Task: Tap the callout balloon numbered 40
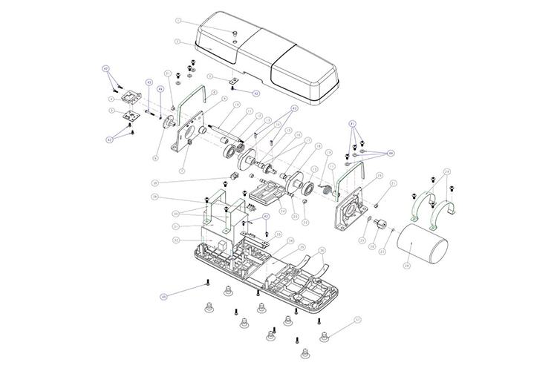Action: click(x=163, y=296)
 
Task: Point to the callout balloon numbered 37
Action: click(x=357, y=321)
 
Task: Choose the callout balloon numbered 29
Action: click(x=446, y=172)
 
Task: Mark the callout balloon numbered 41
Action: click(x=353, y=122)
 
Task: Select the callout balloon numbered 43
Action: click(x=149, y=82)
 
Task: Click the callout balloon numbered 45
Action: click(x=106, y=68)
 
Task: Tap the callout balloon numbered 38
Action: click(x=154, y=183)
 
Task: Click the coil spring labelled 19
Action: click(x=325, y=191)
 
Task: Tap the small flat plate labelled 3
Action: click(x=232, y=79)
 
